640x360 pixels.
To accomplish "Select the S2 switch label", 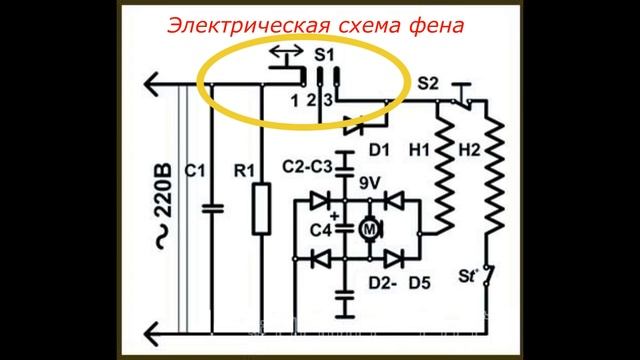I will [428, 83].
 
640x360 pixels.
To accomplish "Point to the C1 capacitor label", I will [195, 172].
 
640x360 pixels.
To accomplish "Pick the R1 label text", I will [244, 172].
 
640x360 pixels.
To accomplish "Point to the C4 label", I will [320, 231].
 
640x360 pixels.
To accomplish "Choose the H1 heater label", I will [420, 149].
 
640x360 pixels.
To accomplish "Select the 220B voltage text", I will [161, 200].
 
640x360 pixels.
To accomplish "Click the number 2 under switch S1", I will [312, 100].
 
